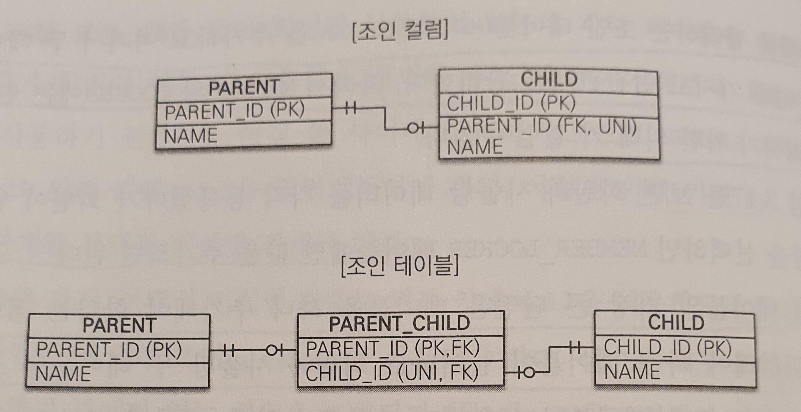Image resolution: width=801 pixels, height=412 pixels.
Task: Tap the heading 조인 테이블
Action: click(x=400, y=266)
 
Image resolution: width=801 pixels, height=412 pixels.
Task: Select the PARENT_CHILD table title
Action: click(x=400, y=323)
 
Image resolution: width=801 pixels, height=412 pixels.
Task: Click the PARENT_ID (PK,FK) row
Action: click(x=393, y=348)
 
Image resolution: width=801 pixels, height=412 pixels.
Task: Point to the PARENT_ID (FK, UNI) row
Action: click(x=542, y=126)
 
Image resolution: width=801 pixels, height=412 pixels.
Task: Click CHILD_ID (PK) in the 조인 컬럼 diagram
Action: click(x=511, y=103)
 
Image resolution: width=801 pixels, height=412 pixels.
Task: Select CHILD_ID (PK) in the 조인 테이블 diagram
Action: click(x=667, y=348)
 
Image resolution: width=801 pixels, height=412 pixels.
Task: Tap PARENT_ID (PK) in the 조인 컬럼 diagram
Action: click(x=235, y=111)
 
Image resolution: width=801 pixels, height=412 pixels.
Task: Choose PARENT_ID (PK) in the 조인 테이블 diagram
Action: click(x=109, y=350)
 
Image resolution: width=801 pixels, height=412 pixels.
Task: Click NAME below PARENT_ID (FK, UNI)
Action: click(x=475, y=147)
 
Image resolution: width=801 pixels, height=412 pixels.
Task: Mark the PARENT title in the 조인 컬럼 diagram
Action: click(x=244, y=87)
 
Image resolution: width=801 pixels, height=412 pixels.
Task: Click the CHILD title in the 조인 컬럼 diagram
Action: click(x=549, y=80)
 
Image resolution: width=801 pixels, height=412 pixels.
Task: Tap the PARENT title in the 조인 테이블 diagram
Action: click(x=119, y=326)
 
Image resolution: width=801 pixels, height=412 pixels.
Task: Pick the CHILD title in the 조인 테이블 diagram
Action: click(x=676, y=323)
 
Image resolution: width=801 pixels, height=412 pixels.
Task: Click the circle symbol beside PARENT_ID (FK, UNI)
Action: click(x=413, y=128)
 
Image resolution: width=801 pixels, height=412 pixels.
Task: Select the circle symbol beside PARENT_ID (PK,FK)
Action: click(x=272, y=351)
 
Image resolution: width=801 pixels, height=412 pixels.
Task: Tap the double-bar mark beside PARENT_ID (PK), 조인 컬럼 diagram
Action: click(x=351, y=108)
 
